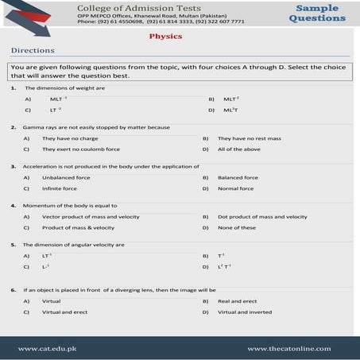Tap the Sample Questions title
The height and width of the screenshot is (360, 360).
(x=317, y=13)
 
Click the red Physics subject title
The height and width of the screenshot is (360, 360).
(x=165, y=36)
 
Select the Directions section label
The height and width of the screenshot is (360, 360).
(x=33, y=50)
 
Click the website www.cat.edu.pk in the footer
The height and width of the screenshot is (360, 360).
(x=48, y=348)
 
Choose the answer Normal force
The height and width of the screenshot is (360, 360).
(x=235, y=188)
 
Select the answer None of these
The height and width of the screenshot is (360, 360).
(x=237, y=227)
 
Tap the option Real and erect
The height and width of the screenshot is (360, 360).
(x=238, y=301)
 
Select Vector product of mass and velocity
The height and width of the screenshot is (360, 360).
(x=91, y=216)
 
